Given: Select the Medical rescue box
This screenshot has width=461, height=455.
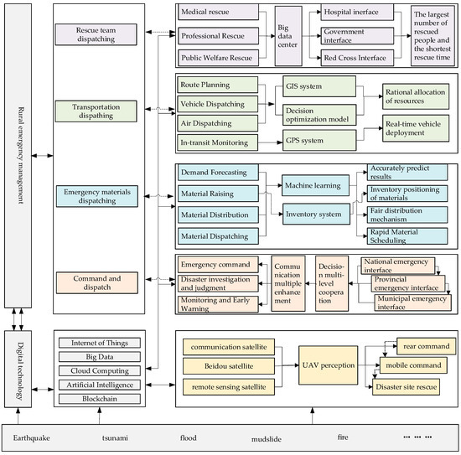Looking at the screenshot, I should tap(215, 13).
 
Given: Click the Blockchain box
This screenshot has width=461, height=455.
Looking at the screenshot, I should tap(97, 400).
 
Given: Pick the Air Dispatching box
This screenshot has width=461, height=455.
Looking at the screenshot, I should tap(215, 122).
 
